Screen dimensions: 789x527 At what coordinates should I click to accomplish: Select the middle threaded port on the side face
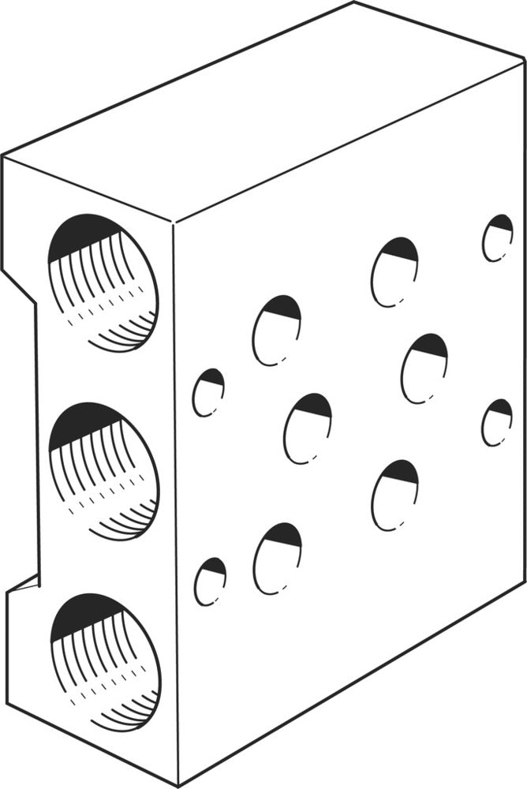[x=103, y=471]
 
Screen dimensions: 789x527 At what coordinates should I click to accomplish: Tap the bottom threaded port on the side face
[x=105, y=661]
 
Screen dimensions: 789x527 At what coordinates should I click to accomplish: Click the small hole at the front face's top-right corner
[x=498, y=237]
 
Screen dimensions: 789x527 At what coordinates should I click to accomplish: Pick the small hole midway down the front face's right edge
[x=497, y=422]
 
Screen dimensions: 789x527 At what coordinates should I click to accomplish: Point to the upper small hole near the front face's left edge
[x=208, y=391]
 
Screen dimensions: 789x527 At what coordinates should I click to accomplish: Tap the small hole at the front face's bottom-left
[x=210, y=581]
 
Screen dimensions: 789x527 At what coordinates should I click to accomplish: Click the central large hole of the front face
[x=308, y=428]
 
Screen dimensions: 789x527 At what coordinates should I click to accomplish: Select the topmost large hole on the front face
[x=394, y=271]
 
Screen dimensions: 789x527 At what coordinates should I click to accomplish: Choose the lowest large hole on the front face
[x=278, y=558]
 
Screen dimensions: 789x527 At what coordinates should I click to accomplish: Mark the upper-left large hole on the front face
[x=277, y=330]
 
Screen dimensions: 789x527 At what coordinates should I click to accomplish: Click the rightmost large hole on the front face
[x=424, y=368]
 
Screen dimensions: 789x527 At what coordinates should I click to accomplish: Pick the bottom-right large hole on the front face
[x=394, y=495]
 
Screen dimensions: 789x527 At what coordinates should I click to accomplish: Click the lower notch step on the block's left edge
[x=24, y=585]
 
